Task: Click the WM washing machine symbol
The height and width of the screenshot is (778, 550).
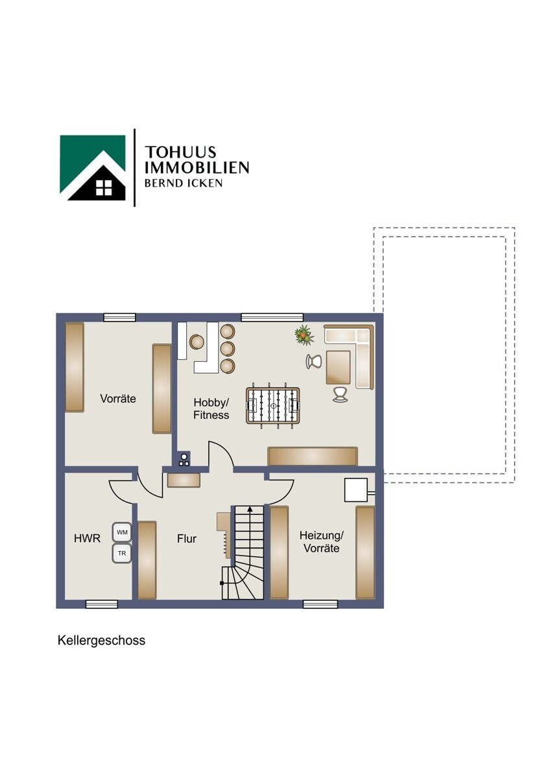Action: click(122, 532)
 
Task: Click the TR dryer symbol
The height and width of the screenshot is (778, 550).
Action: click(122, 553)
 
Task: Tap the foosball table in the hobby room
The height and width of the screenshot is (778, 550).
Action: click(273, 406)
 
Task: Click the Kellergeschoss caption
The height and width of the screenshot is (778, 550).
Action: click(101, 641)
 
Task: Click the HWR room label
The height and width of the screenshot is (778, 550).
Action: click(87, 539)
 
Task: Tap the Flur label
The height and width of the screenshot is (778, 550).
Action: click(187, 539)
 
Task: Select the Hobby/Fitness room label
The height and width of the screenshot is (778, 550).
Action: click(211, 409)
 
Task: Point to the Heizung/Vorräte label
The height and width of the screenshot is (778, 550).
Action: click(322, 542)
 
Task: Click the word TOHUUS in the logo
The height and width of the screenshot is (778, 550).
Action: click(180, 152)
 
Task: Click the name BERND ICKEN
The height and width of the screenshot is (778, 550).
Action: click(184, 183)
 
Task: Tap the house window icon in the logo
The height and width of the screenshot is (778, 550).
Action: click(104, 187)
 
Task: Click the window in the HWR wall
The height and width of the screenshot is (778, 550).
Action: click(102, 604)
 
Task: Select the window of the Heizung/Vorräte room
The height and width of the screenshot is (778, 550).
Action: click(320, 604)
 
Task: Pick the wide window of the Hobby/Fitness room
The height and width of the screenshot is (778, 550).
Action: click(272, 318)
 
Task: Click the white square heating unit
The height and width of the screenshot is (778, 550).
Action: click(356, 490)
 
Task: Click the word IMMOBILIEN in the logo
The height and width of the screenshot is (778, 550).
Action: click(197, 167)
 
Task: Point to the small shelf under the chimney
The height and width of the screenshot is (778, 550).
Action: click(184, 480)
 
